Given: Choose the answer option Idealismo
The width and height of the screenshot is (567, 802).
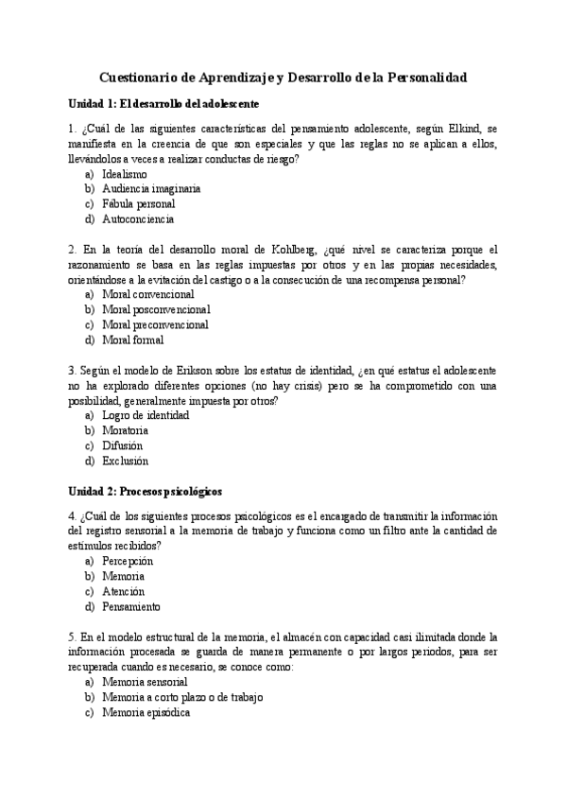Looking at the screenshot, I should point(124,175).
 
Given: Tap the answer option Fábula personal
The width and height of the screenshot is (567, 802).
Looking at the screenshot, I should point(138,203).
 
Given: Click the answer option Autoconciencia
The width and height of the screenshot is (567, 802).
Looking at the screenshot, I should point(137,218).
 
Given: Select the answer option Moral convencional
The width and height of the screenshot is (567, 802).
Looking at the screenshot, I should point(147,294).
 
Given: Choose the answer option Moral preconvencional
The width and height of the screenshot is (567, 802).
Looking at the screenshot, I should point(155,324).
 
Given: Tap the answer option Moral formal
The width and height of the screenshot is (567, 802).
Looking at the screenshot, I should point(132,340).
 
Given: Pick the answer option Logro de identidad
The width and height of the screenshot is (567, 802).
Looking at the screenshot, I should point(146,415).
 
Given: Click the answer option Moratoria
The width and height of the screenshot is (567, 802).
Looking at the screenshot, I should point(125,430).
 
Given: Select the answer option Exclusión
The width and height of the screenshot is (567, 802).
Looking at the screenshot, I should point(125,461).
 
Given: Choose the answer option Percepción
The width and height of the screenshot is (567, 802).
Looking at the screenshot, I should point(127,561).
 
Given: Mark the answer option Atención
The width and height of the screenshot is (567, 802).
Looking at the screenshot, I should point(123,591).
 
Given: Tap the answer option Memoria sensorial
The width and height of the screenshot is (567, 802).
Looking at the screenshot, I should point(145,682).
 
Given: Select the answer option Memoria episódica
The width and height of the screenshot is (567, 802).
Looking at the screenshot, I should point(146,712).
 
